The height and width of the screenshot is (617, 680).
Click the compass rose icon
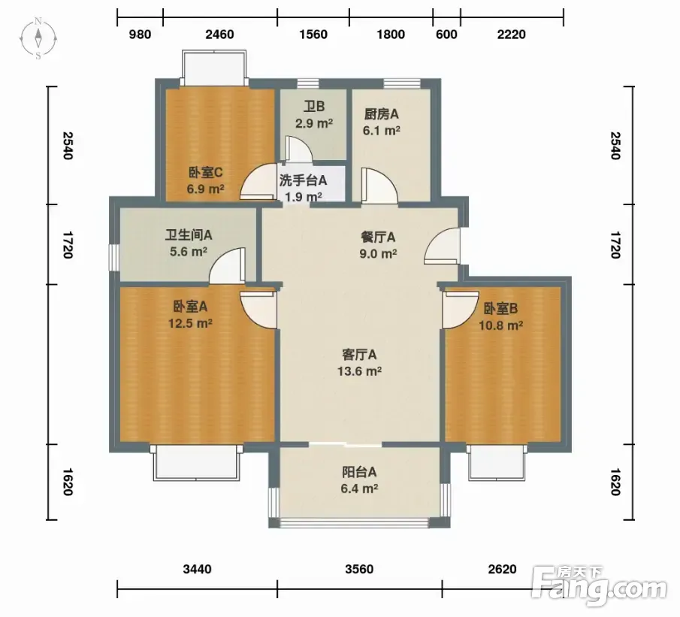tap(38, 38)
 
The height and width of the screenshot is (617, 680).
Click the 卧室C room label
tap(206, 173)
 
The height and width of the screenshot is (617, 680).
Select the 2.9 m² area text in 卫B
tap(314, 123)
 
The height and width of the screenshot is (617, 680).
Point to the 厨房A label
tap(381, 114)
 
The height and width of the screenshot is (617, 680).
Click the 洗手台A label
tap(303, 180)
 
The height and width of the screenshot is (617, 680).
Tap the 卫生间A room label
tap(188, 235)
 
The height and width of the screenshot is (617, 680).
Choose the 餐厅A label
tap(378, 237)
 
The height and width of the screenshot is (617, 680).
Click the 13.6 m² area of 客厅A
tap(359, 371)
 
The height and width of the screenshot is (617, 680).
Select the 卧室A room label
tap(190, 307)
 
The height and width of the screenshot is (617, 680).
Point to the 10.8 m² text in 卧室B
tap(500, 325)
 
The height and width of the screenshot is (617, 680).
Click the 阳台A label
tap(359, 472)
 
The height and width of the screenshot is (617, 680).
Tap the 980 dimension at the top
tap(140, 35)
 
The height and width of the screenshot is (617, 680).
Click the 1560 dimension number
tap(313, 35)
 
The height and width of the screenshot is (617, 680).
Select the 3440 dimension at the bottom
tap(198, 569)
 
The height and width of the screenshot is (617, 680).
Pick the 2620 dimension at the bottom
tap(502, 569)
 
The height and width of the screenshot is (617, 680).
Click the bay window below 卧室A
tap(196, 462)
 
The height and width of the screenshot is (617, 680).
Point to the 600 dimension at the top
tap(446, 35)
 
